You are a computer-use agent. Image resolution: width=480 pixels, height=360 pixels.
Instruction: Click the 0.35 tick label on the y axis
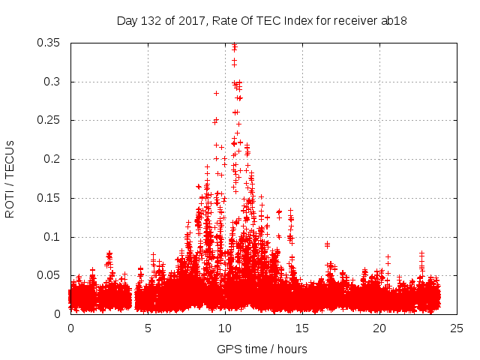(x=49, y=43)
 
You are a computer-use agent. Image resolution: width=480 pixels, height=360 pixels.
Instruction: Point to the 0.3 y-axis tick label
(x=52, y=82)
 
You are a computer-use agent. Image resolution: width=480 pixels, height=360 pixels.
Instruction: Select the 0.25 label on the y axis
(x=49, y=120)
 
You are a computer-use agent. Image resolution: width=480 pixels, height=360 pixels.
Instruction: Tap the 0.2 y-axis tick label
(x=52, y=159)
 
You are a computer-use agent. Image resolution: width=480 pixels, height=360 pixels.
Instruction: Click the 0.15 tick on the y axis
(x=49, y=198)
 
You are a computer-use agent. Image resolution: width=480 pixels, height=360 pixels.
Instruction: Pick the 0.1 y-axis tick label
(x=52, y=237)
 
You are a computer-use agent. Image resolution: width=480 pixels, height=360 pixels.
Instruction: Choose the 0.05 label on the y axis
(x=49, y=275)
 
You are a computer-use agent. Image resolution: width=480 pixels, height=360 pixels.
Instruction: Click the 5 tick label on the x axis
(x=148, y=328)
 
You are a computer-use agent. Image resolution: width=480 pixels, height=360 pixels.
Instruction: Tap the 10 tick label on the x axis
(x=226, y=328)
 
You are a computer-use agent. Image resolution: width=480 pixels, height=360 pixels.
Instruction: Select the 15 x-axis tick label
(x=303, y=328)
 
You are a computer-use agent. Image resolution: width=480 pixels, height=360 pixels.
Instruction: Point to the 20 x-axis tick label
(x=380, y=328)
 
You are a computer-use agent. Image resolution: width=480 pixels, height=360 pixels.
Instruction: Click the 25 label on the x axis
(x=457, y=328)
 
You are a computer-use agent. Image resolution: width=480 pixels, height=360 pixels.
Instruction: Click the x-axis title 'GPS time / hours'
(x=262, y=349)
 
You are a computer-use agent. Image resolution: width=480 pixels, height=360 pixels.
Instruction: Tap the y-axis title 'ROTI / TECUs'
(x=10, y=178)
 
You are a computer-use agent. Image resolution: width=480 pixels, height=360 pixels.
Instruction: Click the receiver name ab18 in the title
(x=394, y=20)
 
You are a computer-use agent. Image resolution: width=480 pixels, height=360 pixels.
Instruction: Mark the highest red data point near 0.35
(x=235, y=45)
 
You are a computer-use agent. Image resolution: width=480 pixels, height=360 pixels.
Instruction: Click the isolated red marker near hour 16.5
(x=327, y=244)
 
